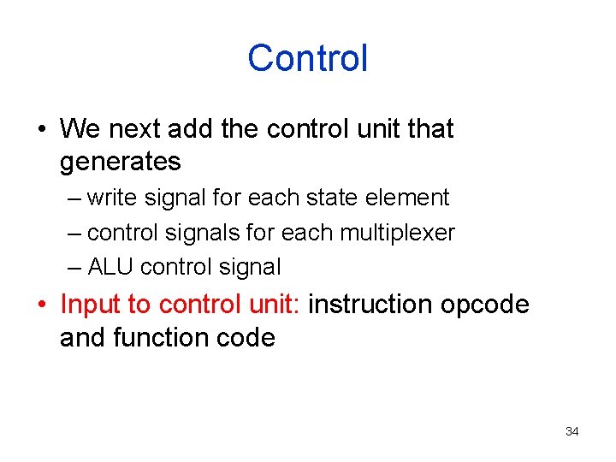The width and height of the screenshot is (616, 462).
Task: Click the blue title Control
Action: (x=308, y=58)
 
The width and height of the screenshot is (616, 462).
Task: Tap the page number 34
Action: (x=572, y=431)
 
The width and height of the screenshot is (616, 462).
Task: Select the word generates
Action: (x=120, y=162)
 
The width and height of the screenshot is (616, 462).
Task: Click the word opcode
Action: (x=485, y=305)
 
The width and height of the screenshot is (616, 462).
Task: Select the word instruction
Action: (x=370, y=304)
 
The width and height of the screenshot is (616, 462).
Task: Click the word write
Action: (x=111, y=198)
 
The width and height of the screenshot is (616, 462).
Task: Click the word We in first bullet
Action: (x=80, y=128)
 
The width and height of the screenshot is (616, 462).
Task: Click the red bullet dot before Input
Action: (x=40, y=305)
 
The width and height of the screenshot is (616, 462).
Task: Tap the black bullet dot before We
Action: (x=40, y=129)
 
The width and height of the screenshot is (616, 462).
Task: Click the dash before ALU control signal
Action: (x=75, y=268)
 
